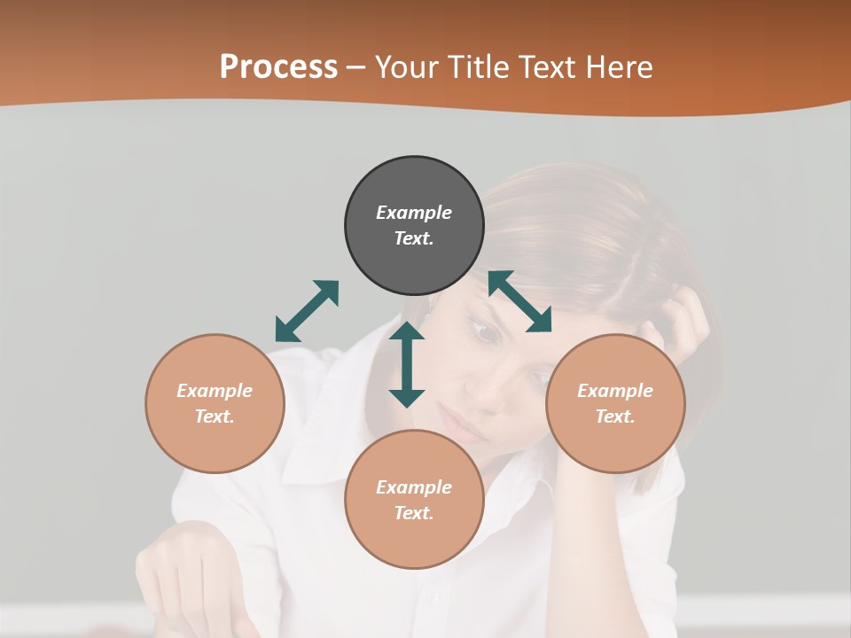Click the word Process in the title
click(x=278, y=67)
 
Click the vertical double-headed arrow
click(x=407, y=364)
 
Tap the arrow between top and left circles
click(x=307, y=311)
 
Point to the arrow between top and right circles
click(x=520, y=301)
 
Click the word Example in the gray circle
click(x=414, y=213)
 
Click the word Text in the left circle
click(x=215, y=416)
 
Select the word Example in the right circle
click(x=615, y=391)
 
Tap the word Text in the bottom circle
click(x=412, y=513)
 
